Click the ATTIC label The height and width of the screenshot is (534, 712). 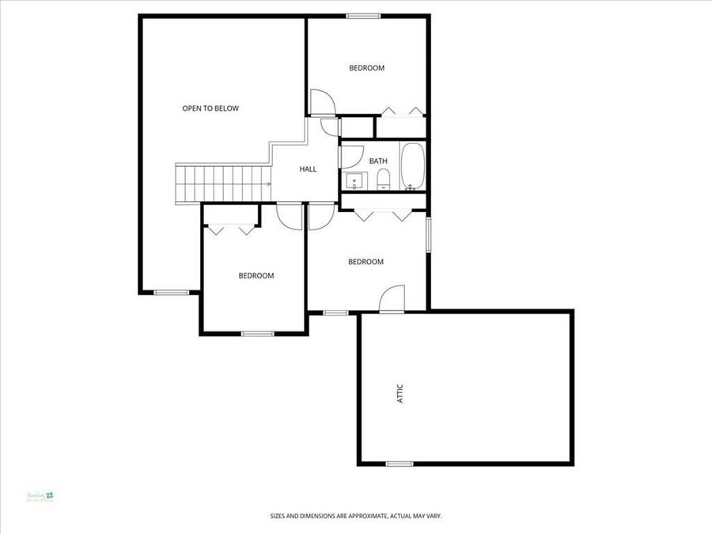(x=400, y=394)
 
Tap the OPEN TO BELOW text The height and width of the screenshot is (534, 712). (x=210, y=108)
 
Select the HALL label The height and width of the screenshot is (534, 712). (x=308, y=169)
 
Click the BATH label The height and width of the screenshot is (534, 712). (x=378, y=161)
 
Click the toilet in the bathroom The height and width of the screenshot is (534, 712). (x=383, y=180)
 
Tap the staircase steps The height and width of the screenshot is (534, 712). (x=222, y=183)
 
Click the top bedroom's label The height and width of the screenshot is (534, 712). (x=366, y=68)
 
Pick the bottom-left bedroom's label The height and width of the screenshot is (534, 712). (x=256, y=276)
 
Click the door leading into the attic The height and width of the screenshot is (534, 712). (x=392, y=300)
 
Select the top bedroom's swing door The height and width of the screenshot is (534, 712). (x=321, y=102)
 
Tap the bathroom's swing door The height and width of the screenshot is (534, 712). (x=341, y=155)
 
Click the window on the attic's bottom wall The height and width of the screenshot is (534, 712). (x=399, y=463)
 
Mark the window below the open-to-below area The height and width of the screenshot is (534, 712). (x=171, y=293)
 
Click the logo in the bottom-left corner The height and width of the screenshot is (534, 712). (x=49, y=496)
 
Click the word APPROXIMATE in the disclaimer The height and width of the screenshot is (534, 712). (x=362, y=516)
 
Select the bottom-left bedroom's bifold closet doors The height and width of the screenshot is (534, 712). (x=230, y=230)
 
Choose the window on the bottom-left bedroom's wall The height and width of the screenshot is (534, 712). (x=257, y=333)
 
